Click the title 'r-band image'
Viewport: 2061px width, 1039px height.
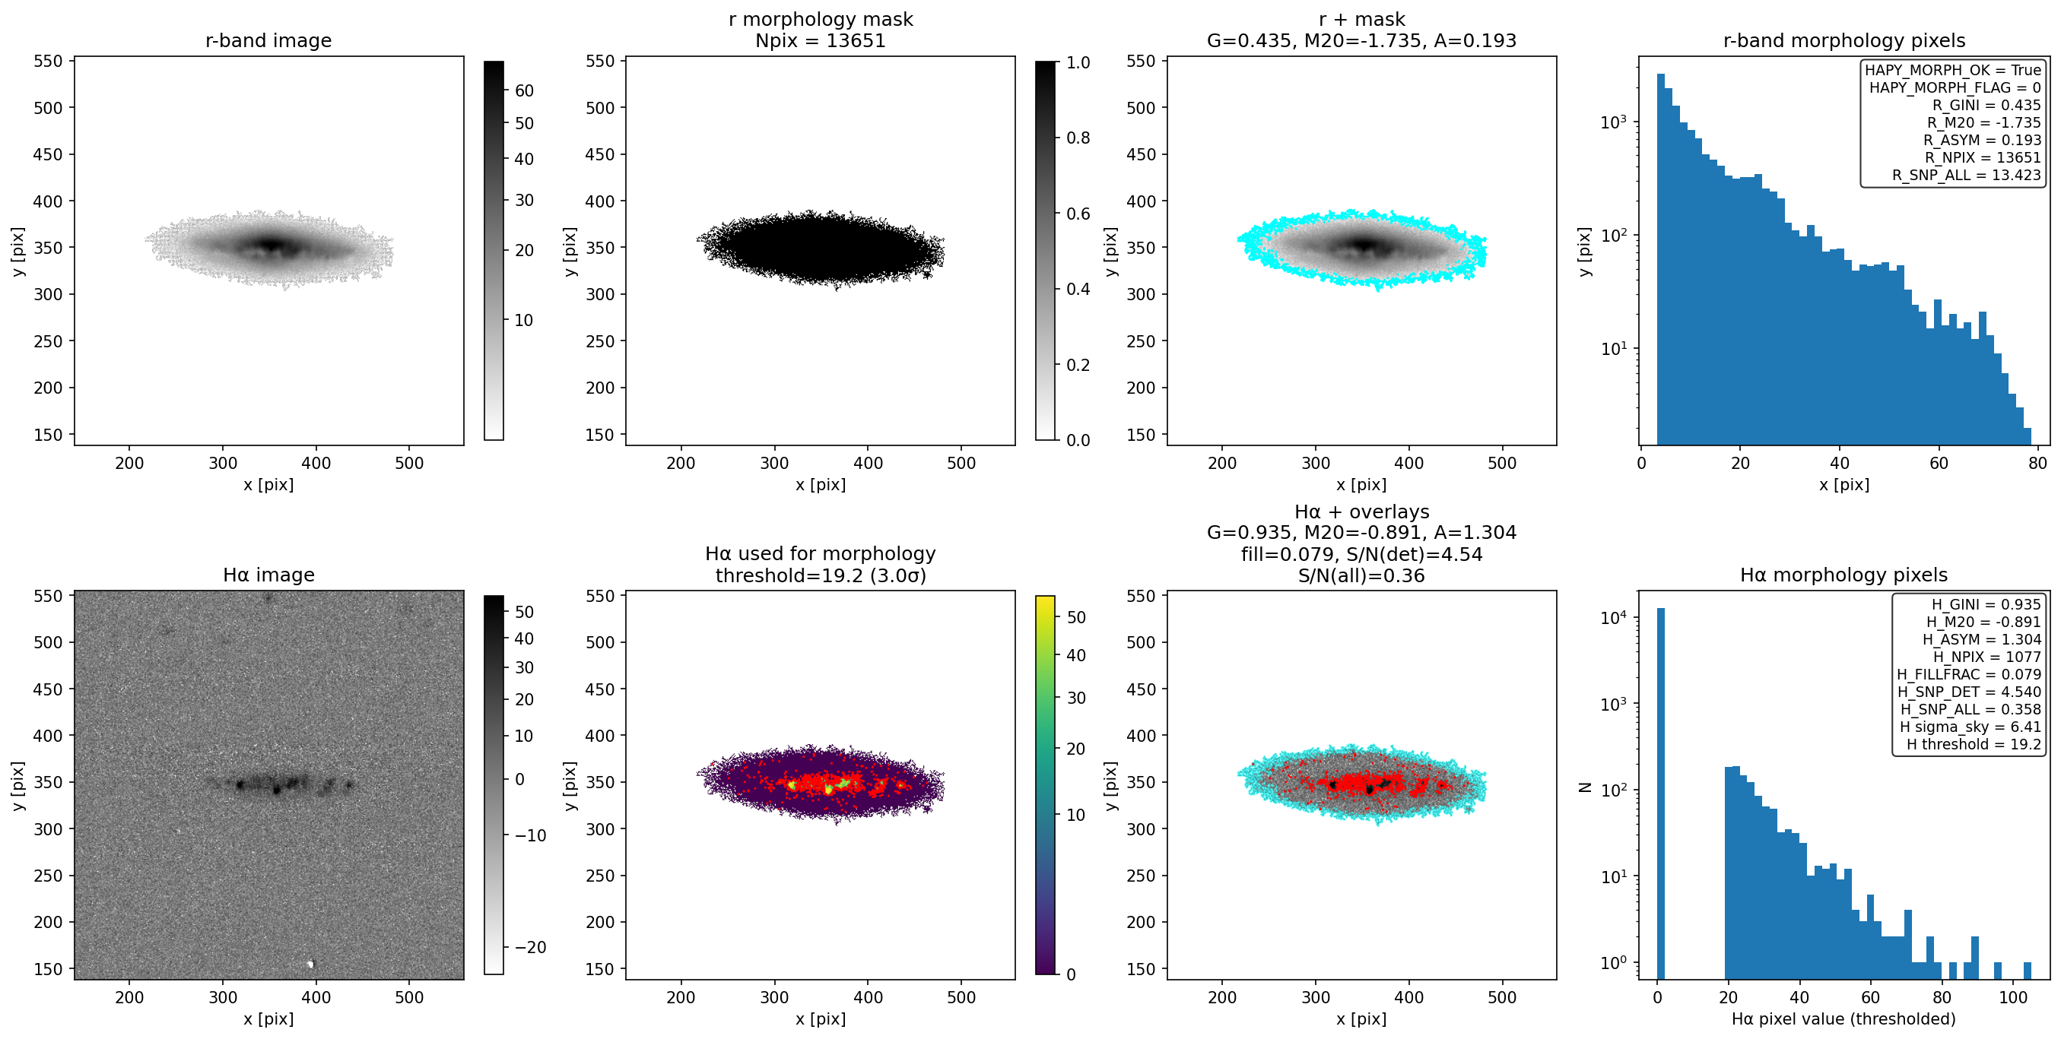268,40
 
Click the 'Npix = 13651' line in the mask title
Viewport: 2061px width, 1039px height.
820,40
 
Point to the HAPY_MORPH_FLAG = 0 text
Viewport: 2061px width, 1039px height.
1955,87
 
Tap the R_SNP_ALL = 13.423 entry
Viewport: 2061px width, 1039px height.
1966,175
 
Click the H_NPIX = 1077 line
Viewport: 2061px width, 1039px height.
1986,657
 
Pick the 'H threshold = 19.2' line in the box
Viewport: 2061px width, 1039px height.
1973,744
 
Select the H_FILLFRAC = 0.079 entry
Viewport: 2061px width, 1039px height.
1968,674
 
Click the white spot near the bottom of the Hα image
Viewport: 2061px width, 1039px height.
311,964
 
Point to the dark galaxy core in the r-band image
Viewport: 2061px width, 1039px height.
272,245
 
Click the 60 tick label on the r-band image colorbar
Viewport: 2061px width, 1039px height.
524,90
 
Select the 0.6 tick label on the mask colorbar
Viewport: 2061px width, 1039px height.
1078,214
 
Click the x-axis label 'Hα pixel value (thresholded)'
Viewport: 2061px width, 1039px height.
1843,1018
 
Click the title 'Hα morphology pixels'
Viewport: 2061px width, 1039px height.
1843,575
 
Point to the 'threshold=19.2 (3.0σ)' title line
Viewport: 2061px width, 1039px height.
820,575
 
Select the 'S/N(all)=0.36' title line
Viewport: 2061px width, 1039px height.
1361,575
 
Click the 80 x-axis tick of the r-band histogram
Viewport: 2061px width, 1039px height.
2037,462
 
